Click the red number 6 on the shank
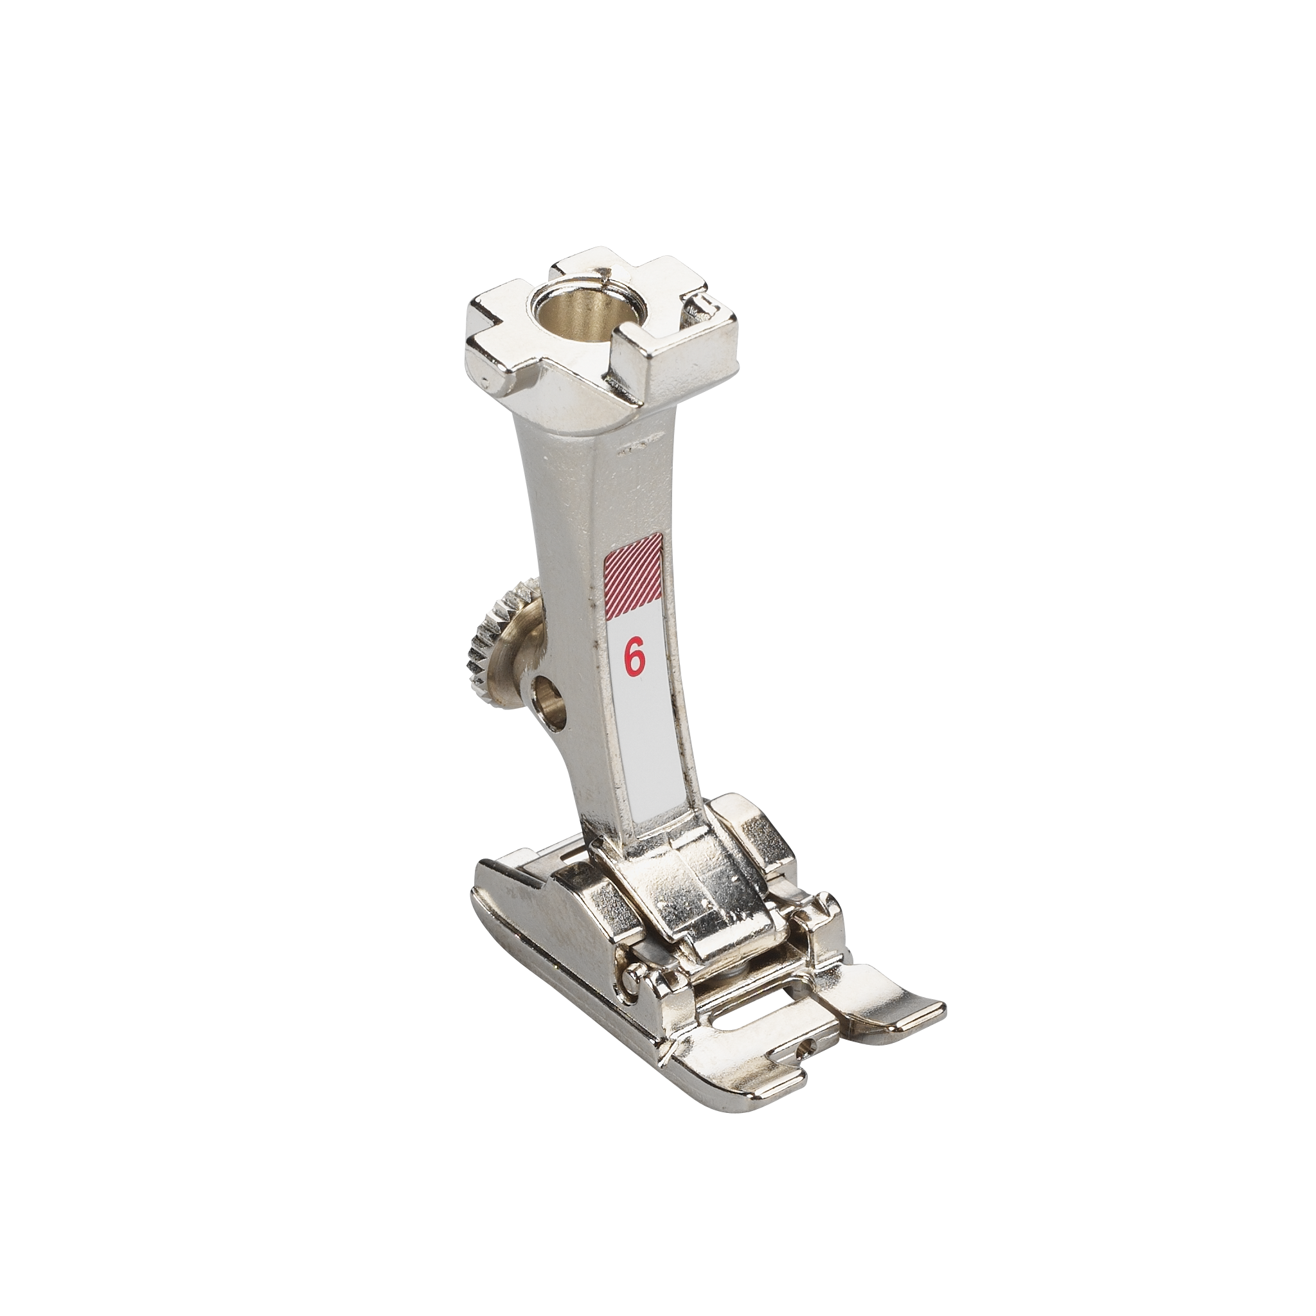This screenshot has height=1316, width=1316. tap(634, 659)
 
